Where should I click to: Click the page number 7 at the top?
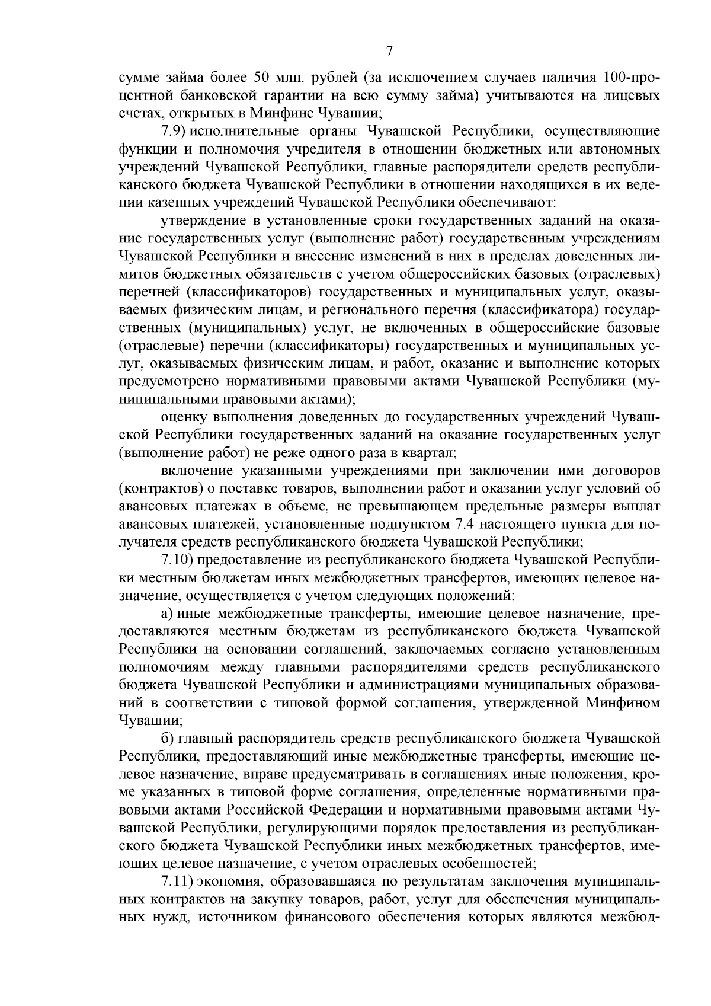click(389, 51)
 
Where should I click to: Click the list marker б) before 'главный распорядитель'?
click(168, 739)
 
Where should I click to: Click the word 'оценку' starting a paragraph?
click(182, 418)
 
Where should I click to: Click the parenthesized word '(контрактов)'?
click(156, 489)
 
